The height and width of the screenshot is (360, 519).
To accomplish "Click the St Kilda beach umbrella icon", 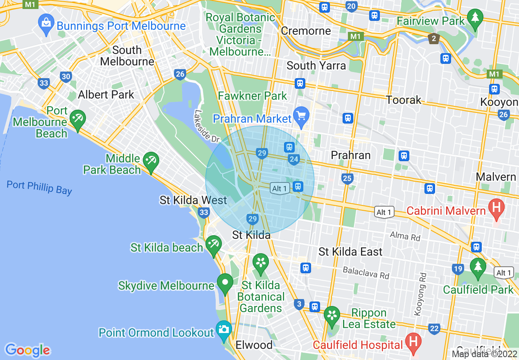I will click(213, 245).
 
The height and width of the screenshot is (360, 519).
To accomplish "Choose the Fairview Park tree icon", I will click(475, 18).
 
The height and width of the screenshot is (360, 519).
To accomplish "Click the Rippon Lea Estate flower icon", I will click(332, 316).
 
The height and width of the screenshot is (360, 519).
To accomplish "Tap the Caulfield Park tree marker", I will click(478, 267).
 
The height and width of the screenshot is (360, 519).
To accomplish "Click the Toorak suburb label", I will click(404, 100).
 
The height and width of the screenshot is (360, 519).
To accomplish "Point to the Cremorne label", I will click(306, 31).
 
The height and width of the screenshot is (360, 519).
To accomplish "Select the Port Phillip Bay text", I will click(39, 187).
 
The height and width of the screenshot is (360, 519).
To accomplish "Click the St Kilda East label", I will click(350, 252).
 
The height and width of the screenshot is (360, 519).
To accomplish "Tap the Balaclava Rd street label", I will click(366, 273).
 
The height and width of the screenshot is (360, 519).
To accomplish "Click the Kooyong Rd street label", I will click(420, 294).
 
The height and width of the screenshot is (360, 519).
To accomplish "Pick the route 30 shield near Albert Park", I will click(65, 76).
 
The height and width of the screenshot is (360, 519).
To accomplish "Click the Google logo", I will click(27, 350).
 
